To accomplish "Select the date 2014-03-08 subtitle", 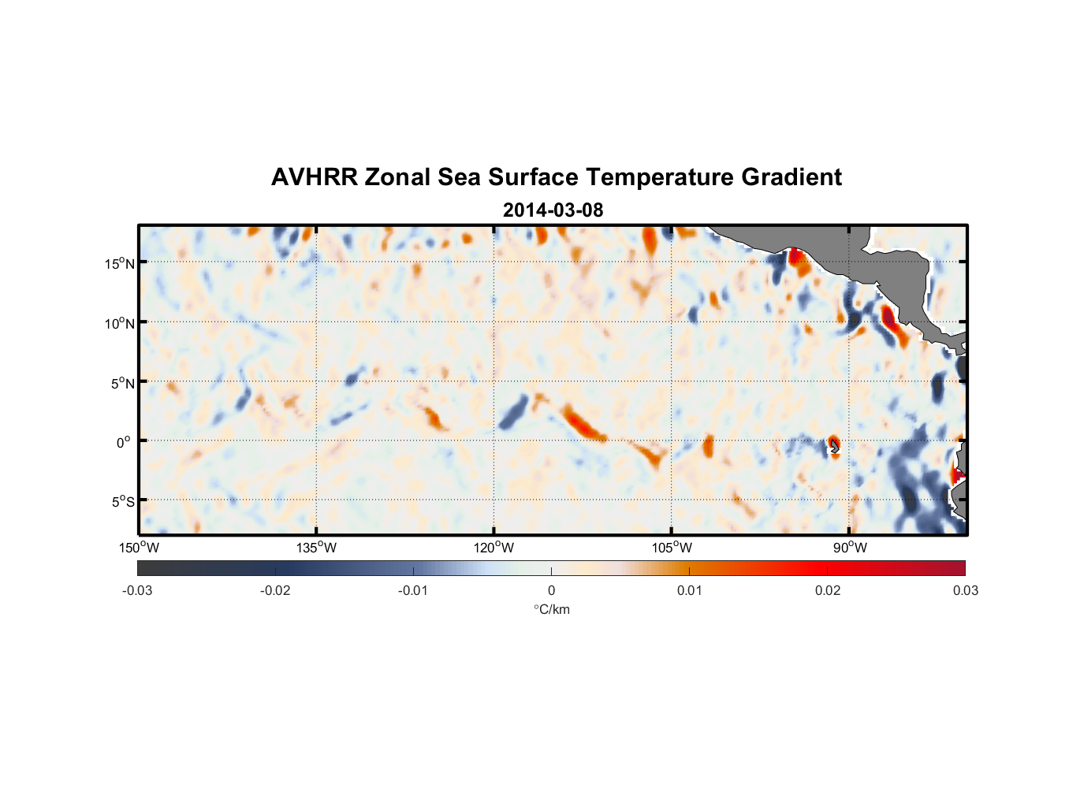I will (553, 210).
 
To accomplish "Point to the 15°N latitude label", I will (120, 263).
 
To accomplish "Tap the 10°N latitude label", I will (120, 323).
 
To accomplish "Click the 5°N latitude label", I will (122, 383).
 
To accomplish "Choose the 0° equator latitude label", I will (124, 442).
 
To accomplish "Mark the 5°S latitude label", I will (122, 502).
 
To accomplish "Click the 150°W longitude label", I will (139, 548).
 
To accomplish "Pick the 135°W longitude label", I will (316, 548).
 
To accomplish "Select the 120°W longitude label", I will (494, 548).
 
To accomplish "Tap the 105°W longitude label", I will (672, 548).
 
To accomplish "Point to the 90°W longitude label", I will (849, 548).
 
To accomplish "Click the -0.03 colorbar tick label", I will (137, 590).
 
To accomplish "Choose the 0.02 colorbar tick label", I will (827, 590).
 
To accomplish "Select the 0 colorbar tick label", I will (551, 590).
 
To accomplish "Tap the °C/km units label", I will (551, 609).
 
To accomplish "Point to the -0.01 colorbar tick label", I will (413, 590).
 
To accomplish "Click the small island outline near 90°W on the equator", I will (835, 447).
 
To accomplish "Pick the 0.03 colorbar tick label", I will (965, 590).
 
